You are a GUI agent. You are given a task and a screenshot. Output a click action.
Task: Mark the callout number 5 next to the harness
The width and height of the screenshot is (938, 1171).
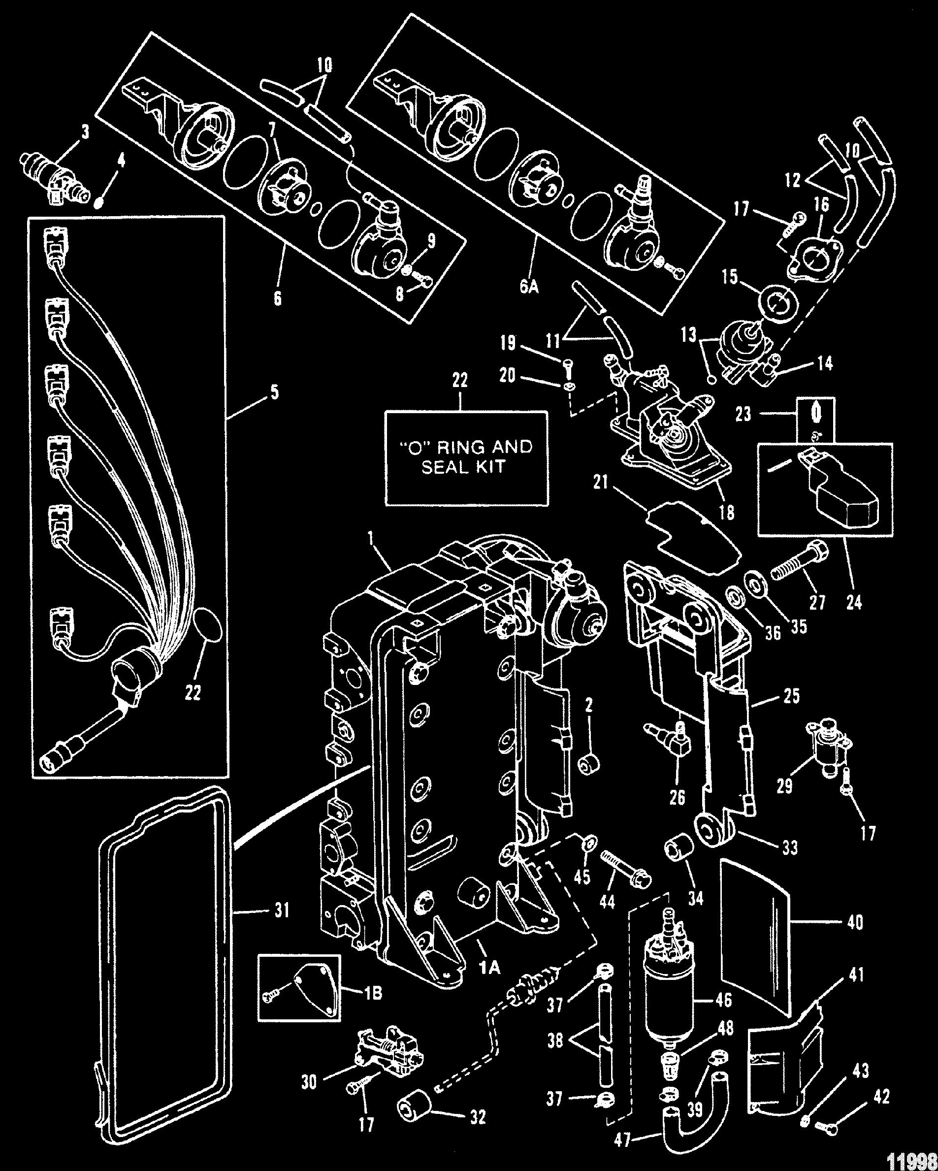[274, 392]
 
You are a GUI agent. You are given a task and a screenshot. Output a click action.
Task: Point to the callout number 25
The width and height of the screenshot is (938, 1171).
[792, 696]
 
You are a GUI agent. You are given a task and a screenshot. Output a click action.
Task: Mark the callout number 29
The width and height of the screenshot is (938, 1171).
[785, 785]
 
